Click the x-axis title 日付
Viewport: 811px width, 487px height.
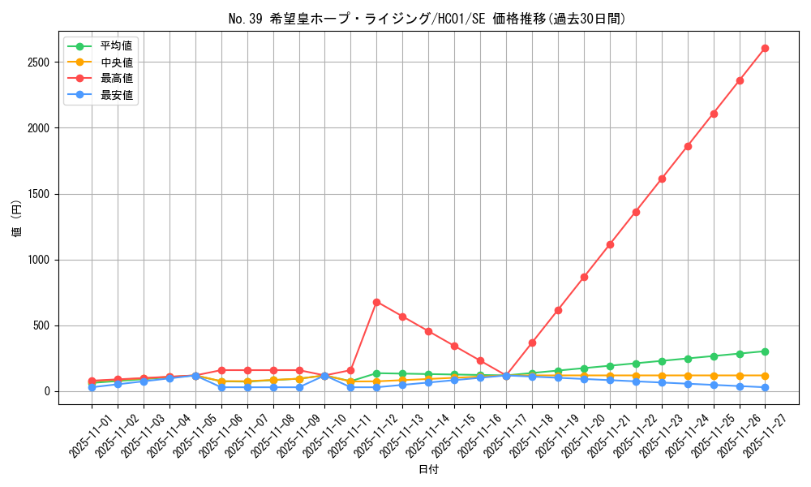(428, 470)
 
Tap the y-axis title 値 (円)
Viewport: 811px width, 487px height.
(17, 219)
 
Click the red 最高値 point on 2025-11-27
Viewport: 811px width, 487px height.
(765, 48)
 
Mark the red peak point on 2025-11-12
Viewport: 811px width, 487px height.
(376, 302)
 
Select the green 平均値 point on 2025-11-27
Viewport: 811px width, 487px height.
(765, 351)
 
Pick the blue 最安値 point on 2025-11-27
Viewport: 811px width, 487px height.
(765, 387)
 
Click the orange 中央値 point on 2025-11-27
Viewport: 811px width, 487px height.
(765, 376)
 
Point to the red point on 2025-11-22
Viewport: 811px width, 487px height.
(636, 212)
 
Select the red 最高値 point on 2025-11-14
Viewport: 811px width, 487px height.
(428, 331)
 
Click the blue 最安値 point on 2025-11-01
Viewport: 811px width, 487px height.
(92, 387)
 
